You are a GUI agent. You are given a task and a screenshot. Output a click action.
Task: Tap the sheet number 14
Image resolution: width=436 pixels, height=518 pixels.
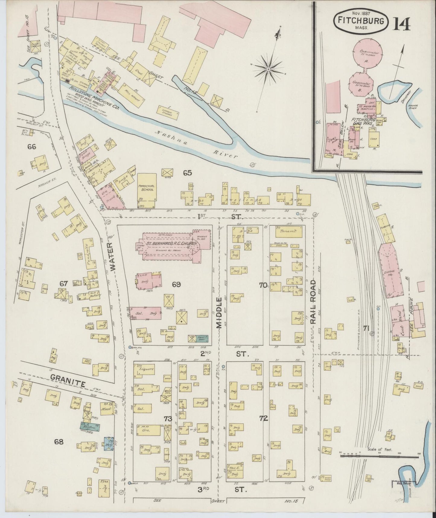pos(401,23)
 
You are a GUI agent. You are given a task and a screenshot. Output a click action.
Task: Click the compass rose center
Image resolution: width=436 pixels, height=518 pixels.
pos(268,70)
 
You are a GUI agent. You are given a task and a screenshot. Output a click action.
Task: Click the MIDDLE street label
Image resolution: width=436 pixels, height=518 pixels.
pos(219,312)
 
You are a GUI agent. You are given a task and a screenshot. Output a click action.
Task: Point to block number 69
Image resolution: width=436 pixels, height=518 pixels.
pos(176,284)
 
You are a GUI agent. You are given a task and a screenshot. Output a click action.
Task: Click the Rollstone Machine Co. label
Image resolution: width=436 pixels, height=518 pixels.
pos(94,98)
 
